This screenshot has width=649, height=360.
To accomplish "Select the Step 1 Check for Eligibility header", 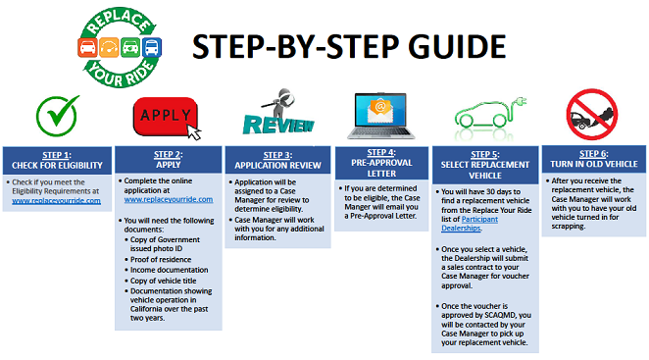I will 55,159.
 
